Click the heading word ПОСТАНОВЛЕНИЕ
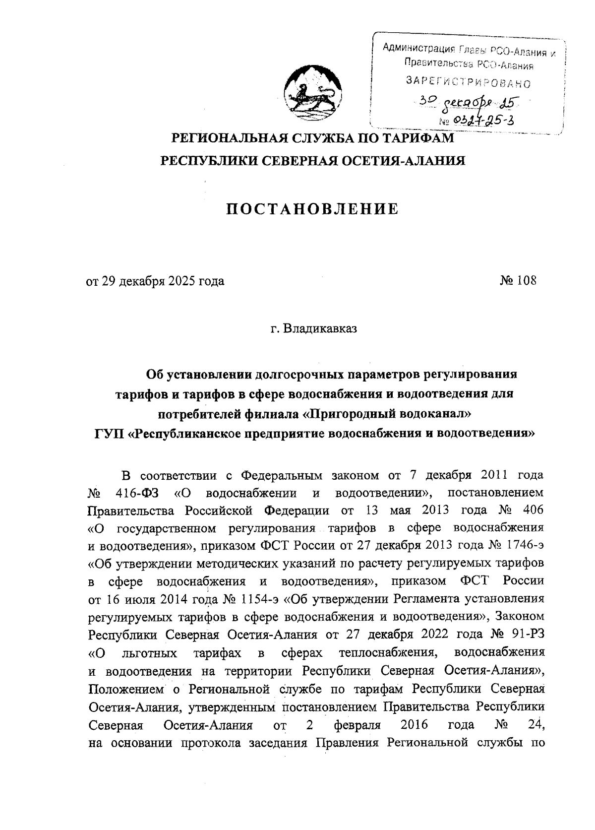tap(312, 209)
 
